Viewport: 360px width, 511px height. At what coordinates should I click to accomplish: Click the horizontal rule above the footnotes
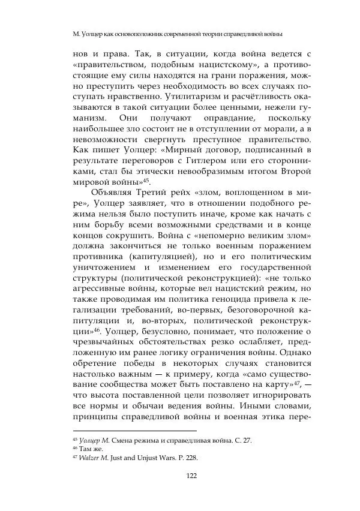[x=134, y=431]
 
